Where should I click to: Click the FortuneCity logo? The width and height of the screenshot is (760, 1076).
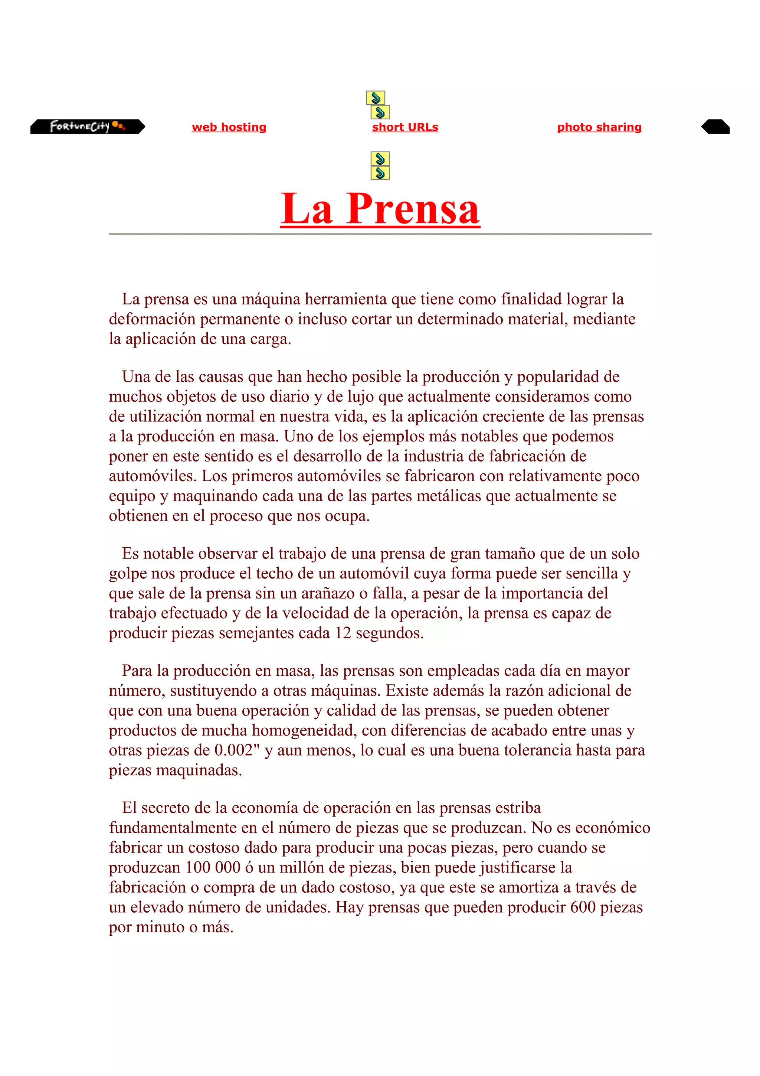(x=88, y=127)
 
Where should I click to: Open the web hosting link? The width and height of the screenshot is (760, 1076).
(x=229, y=127)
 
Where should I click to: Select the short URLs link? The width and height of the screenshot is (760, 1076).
(x=405, y=127)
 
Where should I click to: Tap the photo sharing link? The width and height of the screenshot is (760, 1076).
(x=599, y=127)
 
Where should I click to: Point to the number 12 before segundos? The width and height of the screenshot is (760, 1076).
(x=343, y=633)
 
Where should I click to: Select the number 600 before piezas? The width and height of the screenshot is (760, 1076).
(x=583, y=907)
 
